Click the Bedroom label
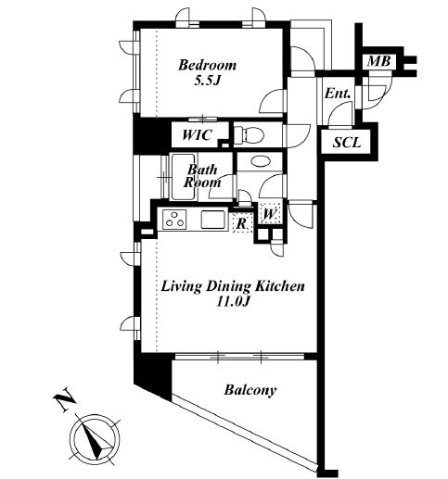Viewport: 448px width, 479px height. pyautogui.click(x=207, y=65)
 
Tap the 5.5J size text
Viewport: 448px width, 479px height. pyautogui.click(x=207, y=81)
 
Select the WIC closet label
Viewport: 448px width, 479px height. pyautogui.click(x=197, y=135)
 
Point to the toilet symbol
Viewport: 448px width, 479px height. pyautogui.click(x=249, y=135)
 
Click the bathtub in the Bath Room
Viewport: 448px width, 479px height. pyautogui.click(x=184, y=177)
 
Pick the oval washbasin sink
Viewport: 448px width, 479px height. pyautogui.click(x=261, y=161)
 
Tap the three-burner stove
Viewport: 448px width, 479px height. pyautogui.click(x=175, y=220)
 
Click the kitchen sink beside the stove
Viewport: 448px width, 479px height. pyautogui.click(x=212, y=220)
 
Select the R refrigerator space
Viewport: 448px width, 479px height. pyautogui.click(x=242, y=222)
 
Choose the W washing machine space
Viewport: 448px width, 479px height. pyautogui.click(x=270, y=213)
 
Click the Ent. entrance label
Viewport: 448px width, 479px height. pyautogui.click(x=338, y=94)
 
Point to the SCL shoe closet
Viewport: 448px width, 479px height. pyautogui.click(x=347, y=143)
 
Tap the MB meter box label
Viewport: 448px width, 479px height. pyautogui.click(x=378, y=61)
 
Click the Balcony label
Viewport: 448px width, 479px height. pyautogui.click(x=250, y=390)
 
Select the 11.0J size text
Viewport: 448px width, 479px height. pyautogui.click(x=233, y=301)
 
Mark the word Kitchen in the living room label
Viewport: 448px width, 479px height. pyautogui.click(x=280, y=286)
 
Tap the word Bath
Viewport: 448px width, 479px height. pyautogui.click(x=202, y=170)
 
